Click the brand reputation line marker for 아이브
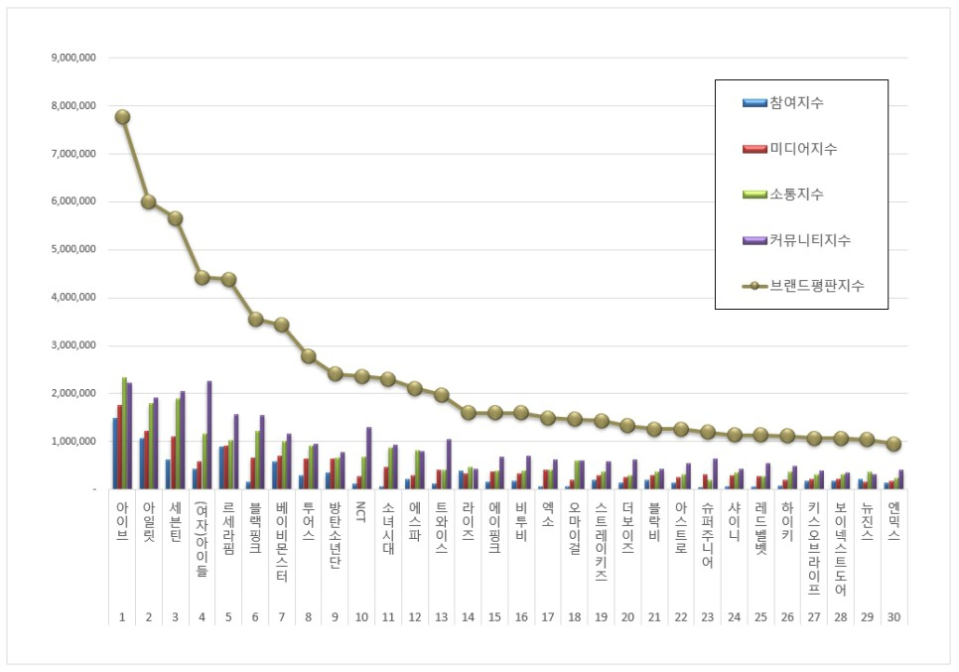coord(122,116)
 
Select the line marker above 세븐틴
coord(175,218)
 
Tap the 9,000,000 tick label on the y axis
coord(73,58)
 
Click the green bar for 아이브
coord(124,433)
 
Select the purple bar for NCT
coord(369,458)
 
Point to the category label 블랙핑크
coord(255,525)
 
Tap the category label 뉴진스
coord(867,519)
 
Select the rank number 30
coord(893,616)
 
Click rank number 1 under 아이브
coord(122,616)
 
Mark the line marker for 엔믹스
coord(893,444)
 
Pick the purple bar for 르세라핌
coord(236,452)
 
